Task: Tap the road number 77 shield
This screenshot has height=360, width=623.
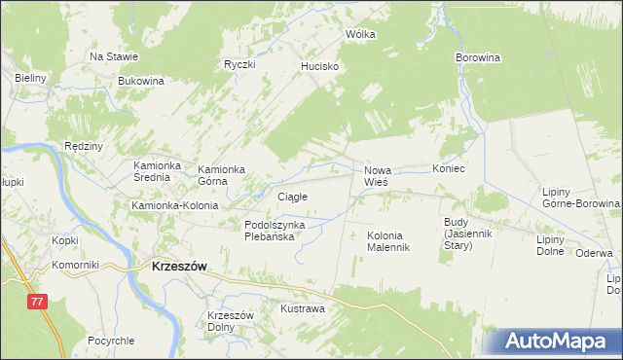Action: point(38,303)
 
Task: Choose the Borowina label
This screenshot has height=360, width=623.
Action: point(477,57)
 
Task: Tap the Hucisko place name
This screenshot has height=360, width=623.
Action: point(319,66)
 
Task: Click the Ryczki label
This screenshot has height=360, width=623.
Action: point(238,65)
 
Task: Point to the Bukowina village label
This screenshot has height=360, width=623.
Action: point(140,81)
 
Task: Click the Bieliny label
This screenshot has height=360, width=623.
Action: point(31,78)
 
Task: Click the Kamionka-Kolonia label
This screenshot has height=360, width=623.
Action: point(175,206)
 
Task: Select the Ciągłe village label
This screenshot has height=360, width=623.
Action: point(292,197)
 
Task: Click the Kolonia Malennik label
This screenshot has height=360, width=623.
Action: point(388,241)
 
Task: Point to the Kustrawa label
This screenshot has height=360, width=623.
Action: point(302,308)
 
